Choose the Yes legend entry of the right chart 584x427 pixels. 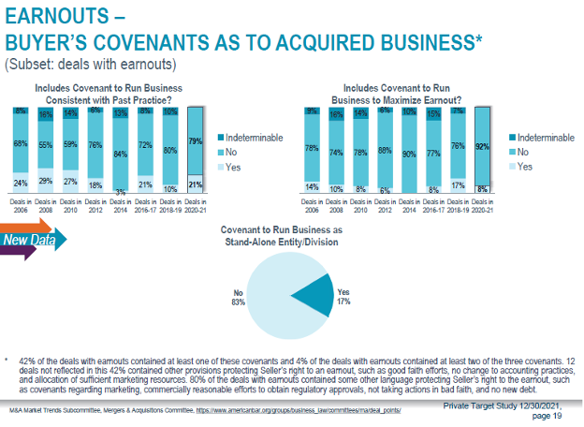(x=524, y=166)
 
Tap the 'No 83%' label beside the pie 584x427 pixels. (x=239, y=297)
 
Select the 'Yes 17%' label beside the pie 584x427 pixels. (x=344, y=297)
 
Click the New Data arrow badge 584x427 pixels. (x=32, y=241)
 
